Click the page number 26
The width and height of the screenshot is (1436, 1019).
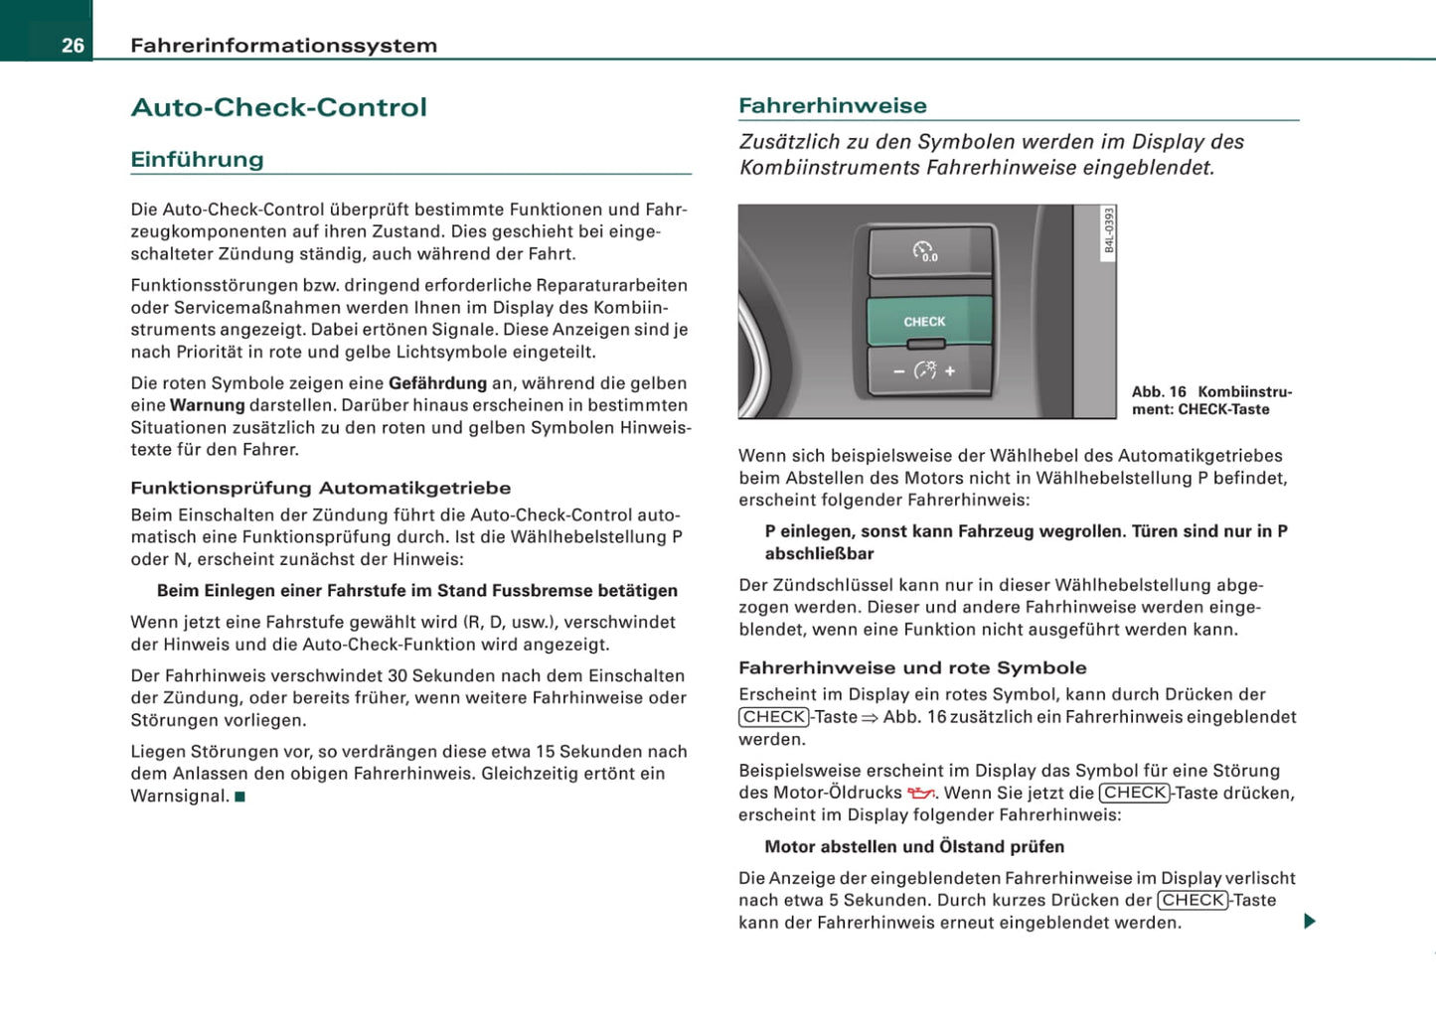pos(73,45)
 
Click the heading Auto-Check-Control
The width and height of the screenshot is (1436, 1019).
pos(278,107)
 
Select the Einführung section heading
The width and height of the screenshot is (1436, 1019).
pos(197,160)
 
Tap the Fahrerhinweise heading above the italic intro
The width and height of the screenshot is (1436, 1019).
pos(832,105)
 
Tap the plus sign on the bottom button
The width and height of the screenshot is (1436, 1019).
pos(950,370)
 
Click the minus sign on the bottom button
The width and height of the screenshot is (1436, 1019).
pos(898,370)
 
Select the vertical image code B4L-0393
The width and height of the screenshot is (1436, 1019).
pos(1110,230)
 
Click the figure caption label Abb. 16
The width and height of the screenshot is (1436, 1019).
pos(1159,392)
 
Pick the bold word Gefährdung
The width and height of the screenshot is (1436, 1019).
pos(437,383)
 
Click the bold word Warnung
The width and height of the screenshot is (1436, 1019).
pos(207,405)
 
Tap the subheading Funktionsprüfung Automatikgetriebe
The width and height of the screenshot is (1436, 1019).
pos(320,488)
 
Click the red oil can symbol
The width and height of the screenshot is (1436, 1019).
pos(921,793)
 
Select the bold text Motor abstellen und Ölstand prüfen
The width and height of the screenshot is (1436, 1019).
pos(914,847)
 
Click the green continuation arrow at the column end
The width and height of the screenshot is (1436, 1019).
pos(1309,922)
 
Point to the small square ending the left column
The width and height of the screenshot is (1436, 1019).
pos(239,797)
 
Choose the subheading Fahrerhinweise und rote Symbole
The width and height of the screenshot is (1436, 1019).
pos(912,668)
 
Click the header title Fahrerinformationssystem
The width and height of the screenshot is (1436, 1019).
pos(283,46)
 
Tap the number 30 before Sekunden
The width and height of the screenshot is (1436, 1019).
pos(398,676)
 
